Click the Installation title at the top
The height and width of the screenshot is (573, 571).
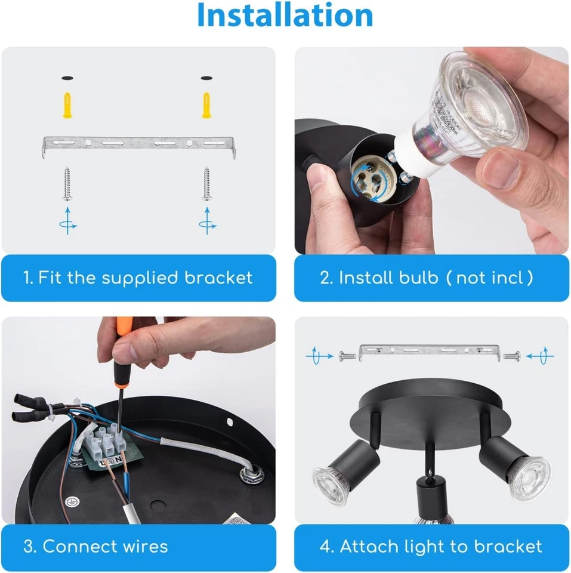285,16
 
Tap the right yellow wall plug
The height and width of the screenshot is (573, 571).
207,106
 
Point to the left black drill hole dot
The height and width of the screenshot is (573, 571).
67,78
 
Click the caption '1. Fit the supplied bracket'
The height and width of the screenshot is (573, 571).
138,278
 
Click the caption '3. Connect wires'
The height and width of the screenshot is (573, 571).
96,546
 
